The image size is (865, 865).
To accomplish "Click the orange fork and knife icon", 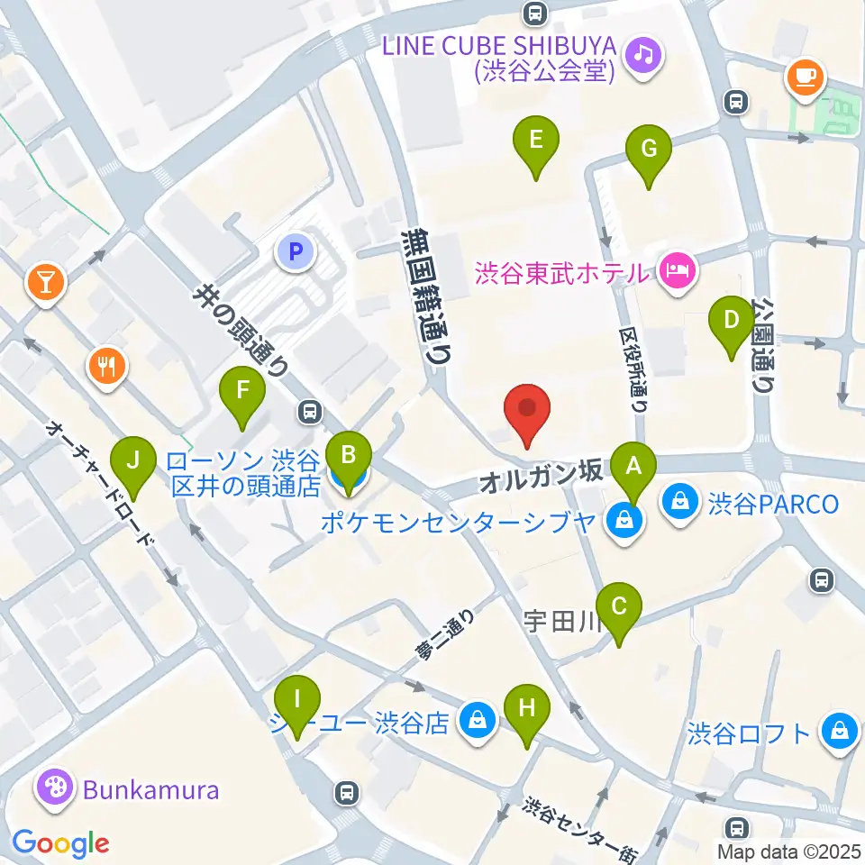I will tap(106, 367).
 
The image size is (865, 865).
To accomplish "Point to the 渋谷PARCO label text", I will tap(773, 502).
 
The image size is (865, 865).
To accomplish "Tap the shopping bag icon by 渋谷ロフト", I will tap(839, 731).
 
